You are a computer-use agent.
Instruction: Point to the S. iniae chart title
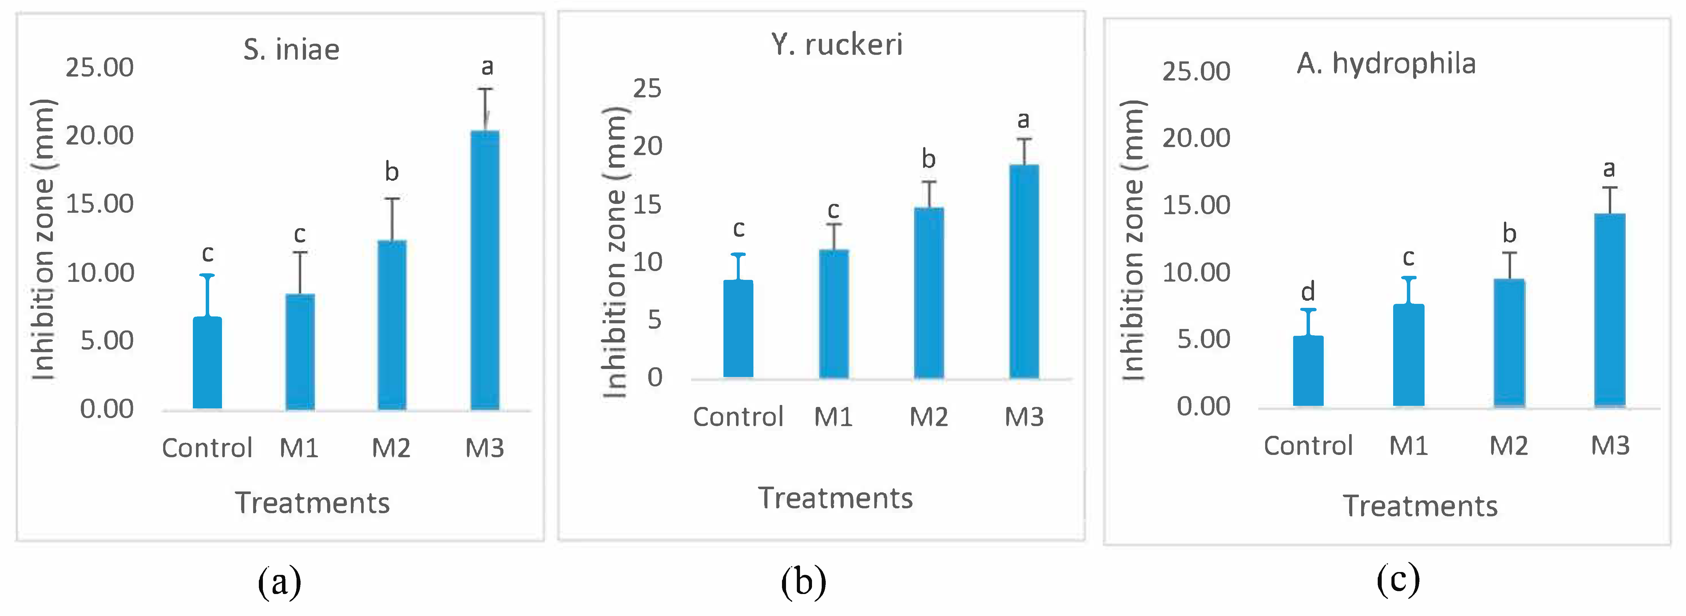(x=292, y=50)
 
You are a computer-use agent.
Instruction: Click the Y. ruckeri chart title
(x=837, y=45)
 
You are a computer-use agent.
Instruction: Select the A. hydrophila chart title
(x=1386, y=63)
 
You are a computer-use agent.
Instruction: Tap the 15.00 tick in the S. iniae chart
(x=99, y=204)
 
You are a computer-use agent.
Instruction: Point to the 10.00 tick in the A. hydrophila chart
(x=1196, y=272)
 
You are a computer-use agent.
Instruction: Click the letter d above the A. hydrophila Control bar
(x=1308, y=291)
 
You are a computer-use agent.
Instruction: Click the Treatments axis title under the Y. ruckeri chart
(x=835, y=498)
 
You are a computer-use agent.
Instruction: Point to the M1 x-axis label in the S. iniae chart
(x=299, y=448)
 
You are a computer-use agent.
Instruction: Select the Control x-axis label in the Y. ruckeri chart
(x=738, y=417)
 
